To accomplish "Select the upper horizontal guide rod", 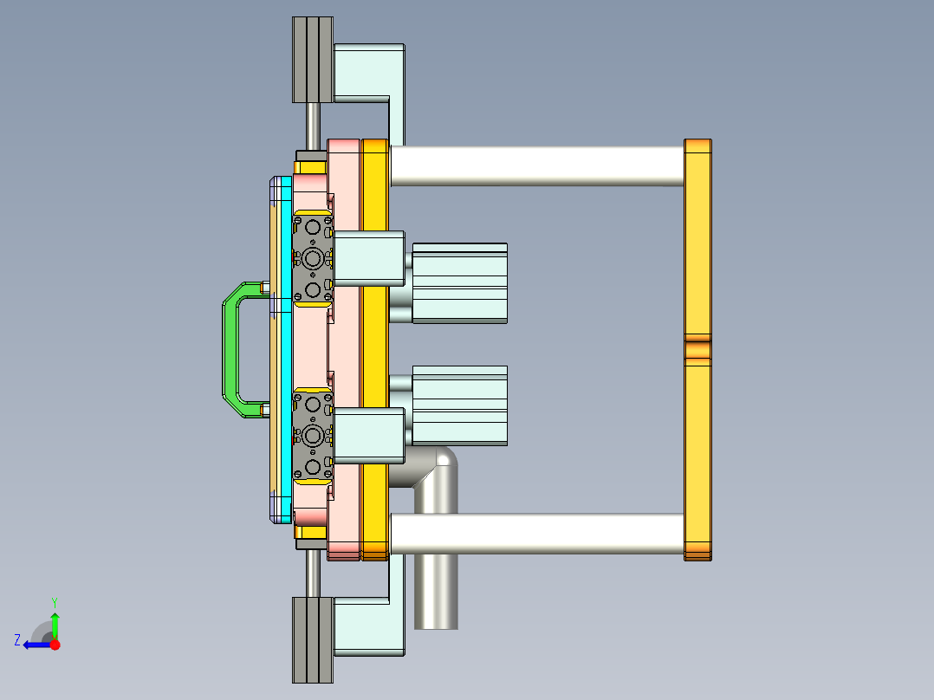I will tap(537, 165).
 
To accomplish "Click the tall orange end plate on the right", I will tap(697, 243).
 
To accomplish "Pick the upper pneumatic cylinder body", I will tap(459, 283).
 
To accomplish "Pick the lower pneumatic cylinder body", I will tap(459, 405).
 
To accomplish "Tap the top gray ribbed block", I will tap(312, 59).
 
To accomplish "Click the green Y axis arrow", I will tap(55, 622).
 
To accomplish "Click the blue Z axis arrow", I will tap(35, 645).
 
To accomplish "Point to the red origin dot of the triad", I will tap(55, 645).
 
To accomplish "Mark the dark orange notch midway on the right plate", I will tap(697, 350).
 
